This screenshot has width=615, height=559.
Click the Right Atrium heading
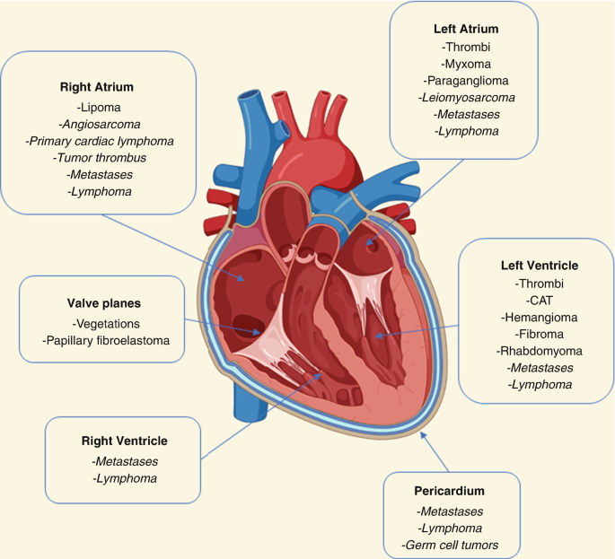pyautogui.click(x=97, y=88)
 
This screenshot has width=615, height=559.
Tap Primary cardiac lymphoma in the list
pyautogui.click(x=99, y=141)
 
